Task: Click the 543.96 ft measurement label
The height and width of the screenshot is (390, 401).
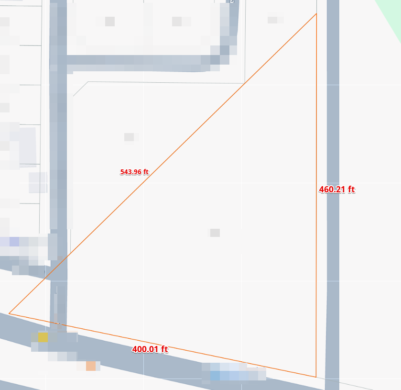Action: (x=134, y=172)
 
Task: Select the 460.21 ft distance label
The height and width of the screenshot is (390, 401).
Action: (x=336, y=189)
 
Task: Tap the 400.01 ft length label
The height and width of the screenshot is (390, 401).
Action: (x=150, y=349)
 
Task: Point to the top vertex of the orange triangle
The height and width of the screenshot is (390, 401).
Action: (x=316, y=14)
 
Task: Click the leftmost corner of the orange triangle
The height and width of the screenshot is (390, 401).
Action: (x=9, y=313)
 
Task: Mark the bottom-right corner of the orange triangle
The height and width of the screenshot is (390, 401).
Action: (x=316, y=377)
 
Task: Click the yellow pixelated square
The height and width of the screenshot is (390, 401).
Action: (x=43, y=337)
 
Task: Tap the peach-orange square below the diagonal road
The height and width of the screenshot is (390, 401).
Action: (x=90, y=366)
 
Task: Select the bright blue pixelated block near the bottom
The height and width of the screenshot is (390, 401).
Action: (x=215, y=376)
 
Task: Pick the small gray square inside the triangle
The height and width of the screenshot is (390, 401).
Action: (x=215, y=233)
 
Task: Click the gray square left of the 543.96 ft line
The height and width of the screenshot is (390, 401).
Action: (x=129, y=137)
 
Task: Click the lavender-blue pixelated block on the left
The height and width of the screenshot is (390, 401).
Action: (x=14, y=242)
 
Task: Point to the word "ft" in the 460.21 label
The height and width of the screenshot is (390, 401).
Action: (x=351, y=189)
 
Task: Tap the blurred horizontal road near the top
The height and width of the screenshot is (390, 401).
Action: (x=139, y=61)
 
